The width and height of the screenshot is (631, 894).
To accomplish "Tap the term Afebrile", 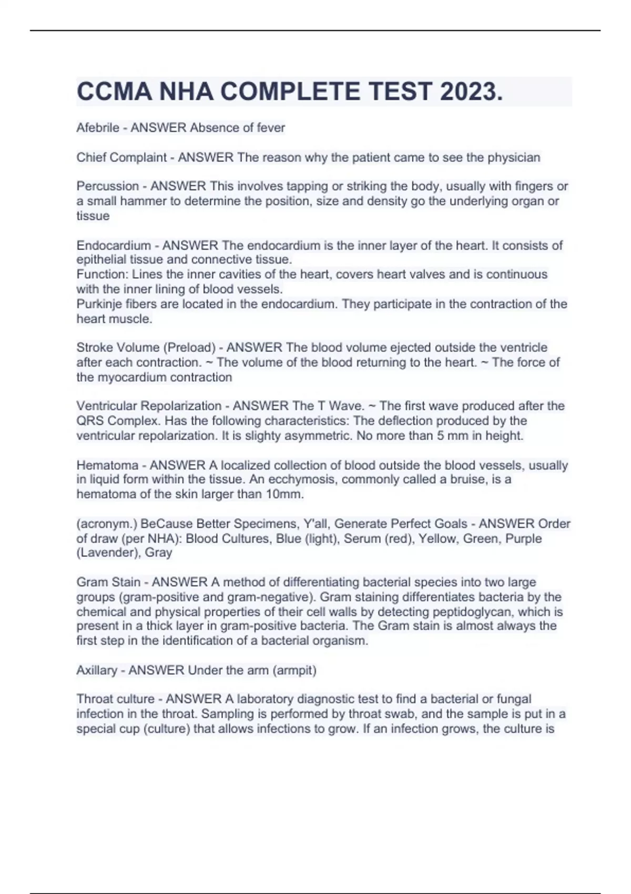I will point(98,128).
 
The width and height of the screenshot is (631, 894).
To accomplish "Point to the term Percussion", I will point(108,186).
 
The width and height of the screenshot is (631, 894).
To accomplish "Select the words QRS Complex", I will point(116,421).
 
